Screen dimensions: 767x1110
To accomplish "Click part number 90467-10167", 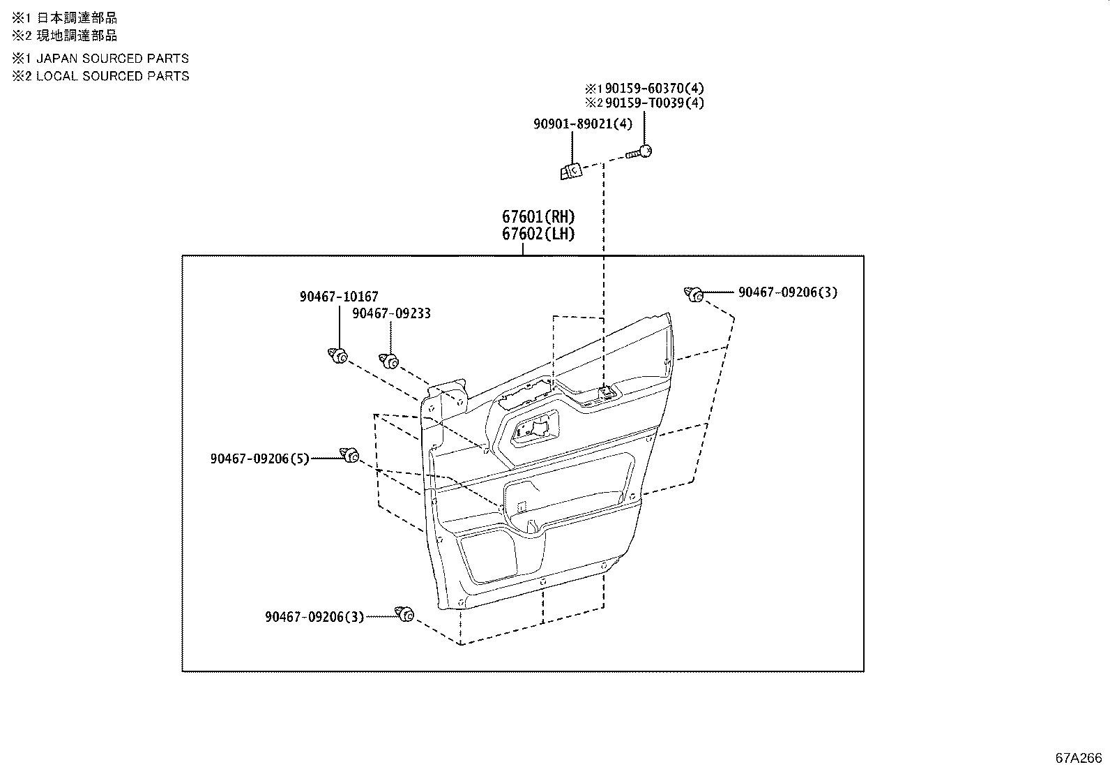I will coord(339,297).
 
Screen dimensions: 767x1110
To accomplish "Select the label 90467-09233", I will coord(391,313).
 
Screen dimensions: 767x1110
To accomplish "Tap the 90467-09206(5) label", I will coord(259,459).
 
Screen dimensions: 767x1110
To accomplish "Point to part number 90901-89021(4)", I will coord(583,124).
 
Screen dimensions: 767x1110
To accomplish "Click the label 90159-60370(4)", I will coord(655,88).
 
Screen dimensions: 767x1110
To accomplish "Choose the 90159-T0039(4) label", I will coord(655,103).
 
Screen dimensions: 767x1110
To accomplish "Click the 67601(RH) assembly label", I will coord(538,216).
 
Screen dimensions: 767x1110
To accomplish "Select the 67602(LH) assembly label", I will coord(538,234).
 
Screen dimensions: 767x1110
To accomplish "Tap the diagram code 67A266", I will coord(1078,758).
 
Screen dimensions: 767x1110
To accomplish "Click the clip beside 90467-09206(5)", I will coord(350,456).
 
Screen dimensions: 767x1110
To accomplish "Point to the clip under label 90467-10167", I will coord(339,357).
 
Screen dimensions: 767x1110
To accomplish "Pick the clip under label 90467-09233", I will coord(390,361).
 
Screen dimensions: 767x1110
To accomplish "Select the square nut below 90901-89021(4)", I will coord(570,170).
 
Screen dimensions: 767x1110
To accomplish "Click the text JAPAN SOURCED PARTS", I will coord(112,59).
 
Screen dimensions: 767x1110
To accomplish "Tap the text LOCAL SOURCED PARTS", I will coord(112,76).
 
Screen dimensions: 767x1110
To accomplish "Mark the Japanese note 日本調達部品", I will coord(77,18).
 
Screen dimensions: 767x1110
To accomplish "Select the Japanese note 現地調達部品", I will coord(77,36).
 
